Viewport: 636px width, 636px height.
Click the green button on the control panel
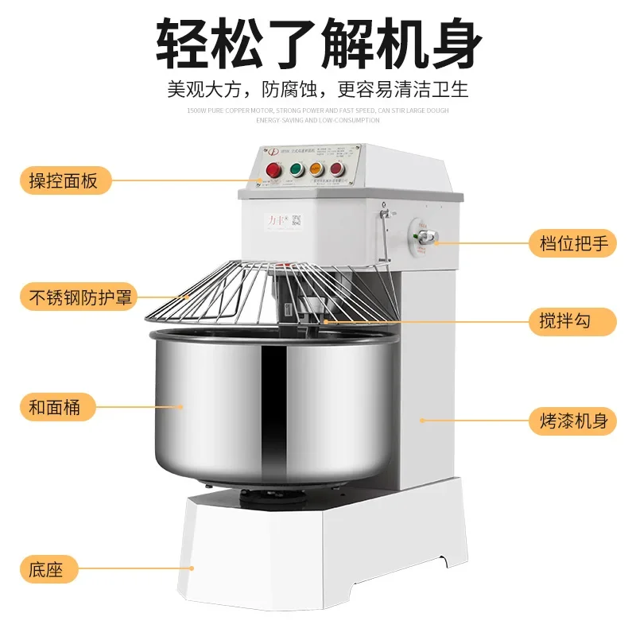pos(296,169)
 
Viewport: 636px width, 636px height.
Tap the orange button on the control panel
pos(316,169)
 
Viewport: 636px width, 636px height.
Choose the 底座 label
pos(50,569)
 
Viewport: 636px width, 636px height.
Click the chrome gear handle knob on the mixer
pos(425,236)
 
